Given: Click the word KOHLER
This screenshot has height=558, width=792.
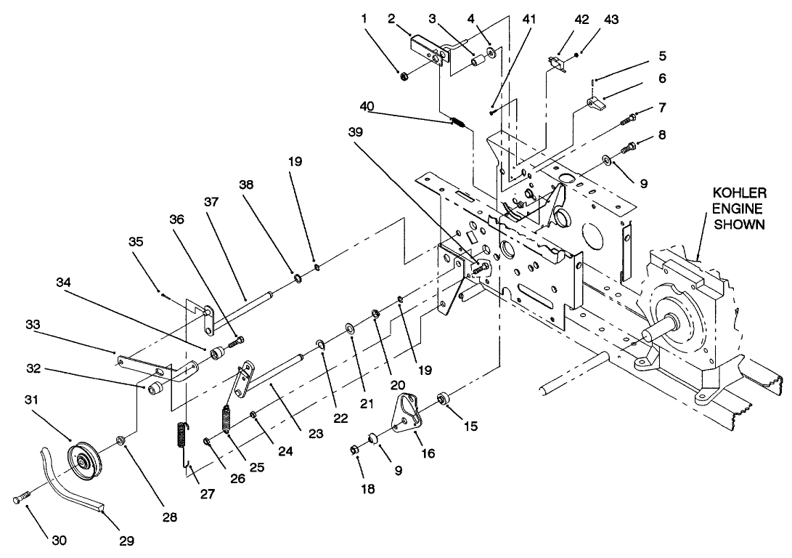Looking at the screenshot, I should tap(738, 193).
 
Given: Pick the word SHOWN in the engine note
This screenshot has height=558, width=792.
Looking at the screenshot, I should tap(738, 225).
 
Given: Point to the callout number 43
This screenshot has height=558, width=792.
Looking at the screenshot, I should tap(611, 20).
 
